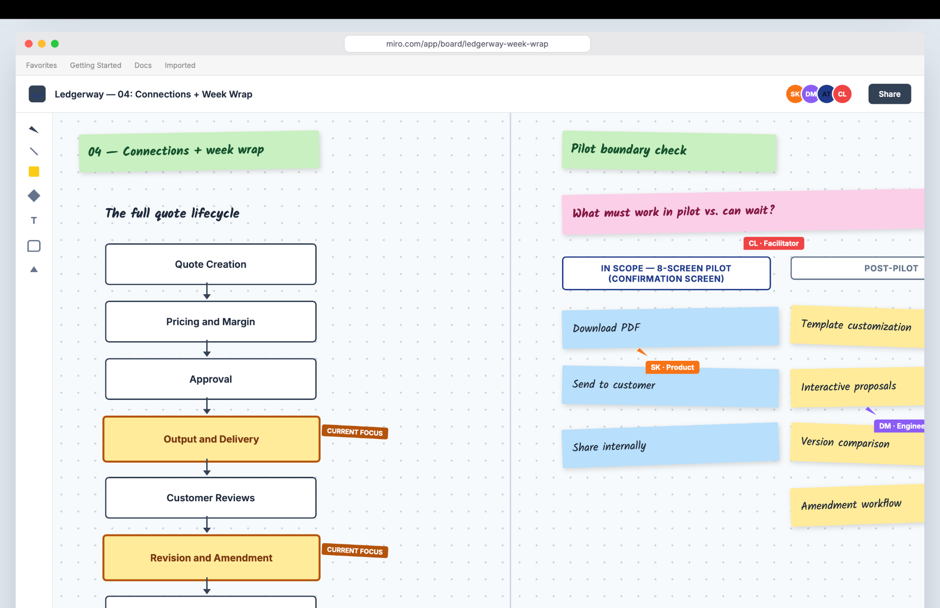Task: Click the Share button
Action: pos(889,94)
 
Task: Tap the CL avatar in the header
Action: pos(842,94)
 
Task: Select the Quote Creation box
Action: pos(211,264)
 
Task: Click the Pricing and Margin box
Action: pos(211,322)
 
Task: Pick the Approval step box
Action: pos(211,379)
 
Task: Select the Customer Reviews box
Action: pos(211,498)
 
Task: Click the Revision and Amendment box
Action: pos(211,558)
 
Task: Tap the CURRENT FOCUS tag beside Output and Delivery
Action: pos(355,432)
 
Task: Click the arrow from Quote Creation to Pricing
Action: pos(207,292)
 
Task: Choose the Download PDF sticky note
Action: pos(670,328)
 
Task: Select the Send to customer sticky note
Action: pos(670,386)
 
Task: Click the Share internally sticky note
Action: pos(670,445)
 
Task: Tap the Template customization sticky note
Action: pos(857,327)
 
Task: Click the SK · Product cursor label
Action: pos(672,367)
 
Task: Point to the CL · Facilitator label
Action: pos(774,243)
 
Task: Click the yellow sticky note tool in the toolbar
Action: pos(34,172)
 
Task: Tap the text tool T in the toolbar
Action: pos(34,220)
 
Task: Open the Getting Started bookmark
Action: pos(95,65)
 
